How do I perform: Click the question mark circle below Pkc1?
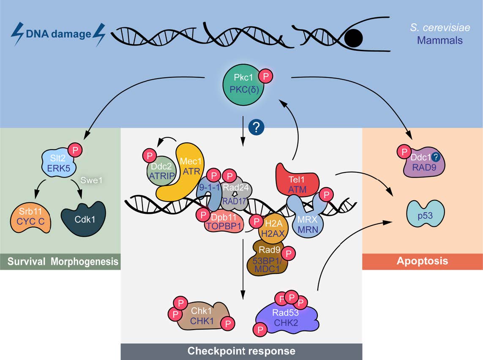(256, 127)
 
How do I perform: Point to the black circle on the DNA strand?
(354, 38)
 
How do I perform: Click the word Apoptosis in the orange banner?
(423, 261)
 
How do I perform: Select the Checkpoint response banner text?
(241, 351)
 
